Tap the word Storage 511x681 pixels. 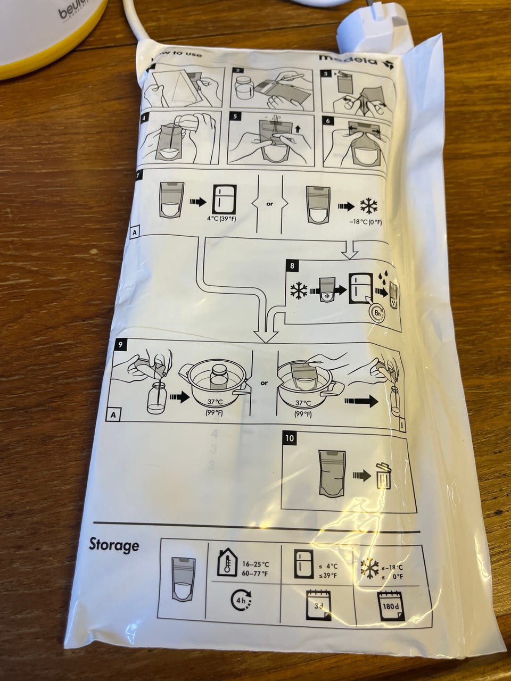point(114,545)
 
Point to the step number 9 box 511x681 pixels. point(121,344)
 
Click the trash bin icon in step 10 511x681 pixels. point(383,475)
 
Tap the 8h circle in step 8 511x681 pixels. point(378,313)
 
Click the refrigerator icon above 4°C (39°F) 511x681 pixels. point(224,199)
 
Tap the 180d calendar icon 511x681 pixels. point(391,606)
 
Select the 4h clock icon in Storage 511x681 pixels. point(241,602)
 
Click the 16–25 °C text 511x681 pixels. point(256,564)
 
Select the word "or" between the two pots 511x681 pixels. point(264,383)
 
